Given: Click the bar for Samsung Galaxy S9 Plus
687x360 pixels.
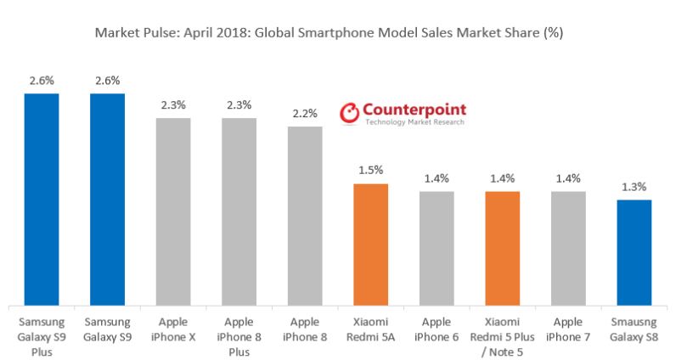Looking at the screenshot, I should coord(41,200).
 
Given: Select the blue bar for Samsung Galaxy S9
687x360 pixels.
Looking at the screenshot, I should coord(107,200).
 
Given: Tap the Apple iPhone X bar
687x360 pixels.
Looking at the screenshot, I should coord(173,211).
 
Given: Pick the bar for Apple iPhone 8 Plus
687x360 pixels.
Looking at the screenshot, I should coord(239,211).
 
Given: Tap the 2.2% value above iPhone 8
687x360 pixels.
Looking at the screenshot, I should coord(305,114).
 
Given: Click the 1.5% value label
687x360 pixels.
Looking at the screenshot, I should coord(370,171).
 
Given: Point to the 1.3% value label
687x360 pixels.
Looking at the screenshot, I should coord(634,187).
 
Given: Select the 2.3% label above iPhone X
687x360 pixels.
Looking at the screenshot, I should coord(173,105).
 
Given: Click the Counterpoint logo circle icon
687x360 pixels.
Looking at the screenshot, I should coord(349,114).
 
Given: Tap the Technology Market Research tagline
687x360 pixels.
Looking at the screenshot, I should coord(414,123).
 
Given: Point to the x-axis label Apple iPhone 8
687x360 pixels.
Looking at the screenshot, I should coord(305,331).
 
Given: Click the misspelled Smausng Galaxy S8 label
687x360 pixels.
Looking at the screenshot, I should coord(634,331).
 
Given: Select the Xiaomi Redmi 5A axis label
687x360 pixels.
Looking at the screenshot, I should coord(370,331).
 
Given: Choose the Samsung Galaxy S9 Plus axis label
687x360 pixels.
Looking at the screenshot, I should coord(41,338).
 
